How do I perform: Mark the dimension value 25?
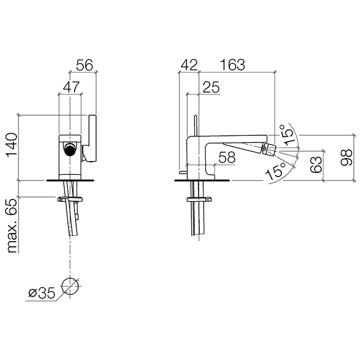[x=210, y=87]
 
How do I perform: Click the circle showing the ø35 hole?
[x=69, y=286]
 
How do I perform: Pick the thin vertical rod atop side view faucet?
[x=196, y=125]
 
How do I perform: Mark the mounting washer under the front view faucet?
[x=70, y=199]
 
